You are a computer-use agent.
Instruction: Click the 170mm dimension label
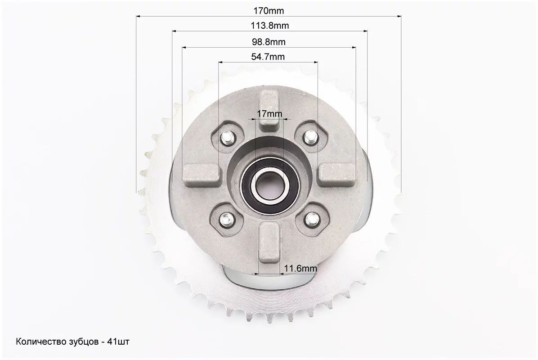269,11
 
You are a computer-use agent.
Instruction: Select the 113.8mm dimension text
270,26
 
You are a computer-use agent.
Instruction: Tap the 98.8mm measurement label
269,42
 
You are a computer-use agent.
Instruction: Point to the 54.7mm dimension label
268,57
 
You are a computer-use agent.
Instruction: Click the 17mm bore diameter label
269,113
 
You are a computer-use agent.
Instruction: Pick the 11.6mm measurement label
300,268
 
